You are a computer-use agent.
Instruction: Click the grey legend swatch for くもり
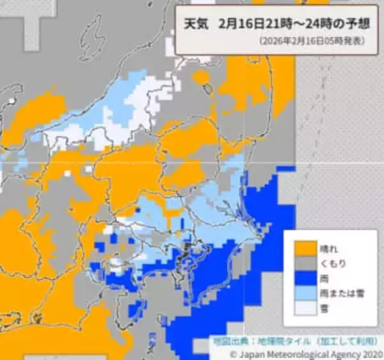304,263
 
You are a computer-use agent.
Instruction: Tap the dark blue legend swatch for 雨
304,278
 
